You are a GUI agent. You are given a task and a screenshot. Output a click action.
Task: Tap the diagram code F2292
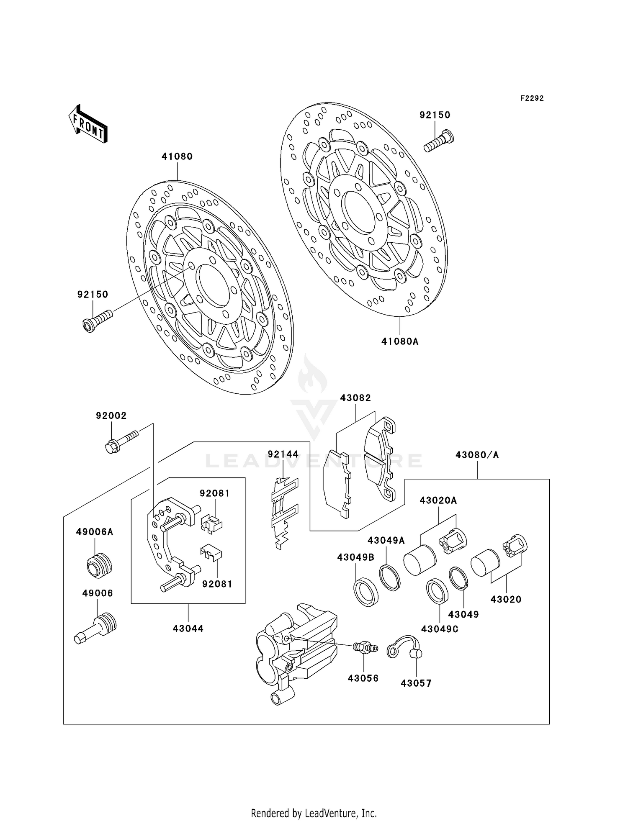click(x=532, y=98)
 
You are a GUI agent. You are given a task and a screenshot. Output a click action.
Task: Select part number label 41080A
click(x=400, y=341)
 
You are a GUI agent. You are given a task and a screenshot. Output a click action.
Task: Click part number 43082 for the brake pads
click(x=355, y=398)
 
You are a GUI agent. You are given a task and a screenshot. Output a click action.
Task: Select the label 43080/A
click(x=477, y=455)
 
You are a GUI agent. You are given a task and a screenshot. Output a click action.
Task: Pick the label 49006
click(x=98, y=593)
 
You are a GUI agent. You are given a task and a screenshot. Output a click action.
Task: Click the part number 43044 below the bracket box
click(x=188, y=629)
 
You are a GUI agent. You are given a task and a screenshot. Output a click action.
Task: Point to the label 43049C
click(x=440, y=629)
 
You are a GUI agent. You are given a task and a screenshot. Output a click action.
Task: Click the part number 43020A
click(x=438, y=500)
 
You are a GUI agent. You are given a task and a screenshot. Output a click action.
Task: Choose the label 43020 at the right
click(x=506, y=600)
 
